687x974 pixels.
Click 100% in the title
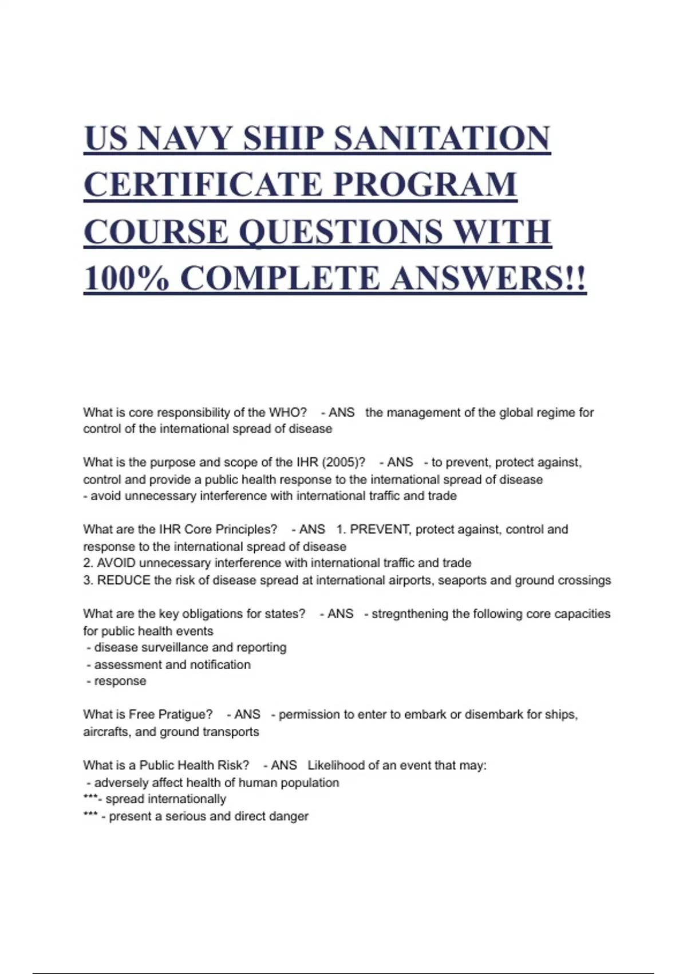coord(127,278)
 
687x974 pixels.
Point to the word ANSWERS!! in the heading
coord(488,278)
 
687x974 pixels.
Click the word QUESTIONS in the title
coord(340,231)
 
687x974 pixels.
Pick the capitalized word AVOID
coord(116,563)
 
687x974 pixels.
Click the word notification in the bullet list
coord(220,665)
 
